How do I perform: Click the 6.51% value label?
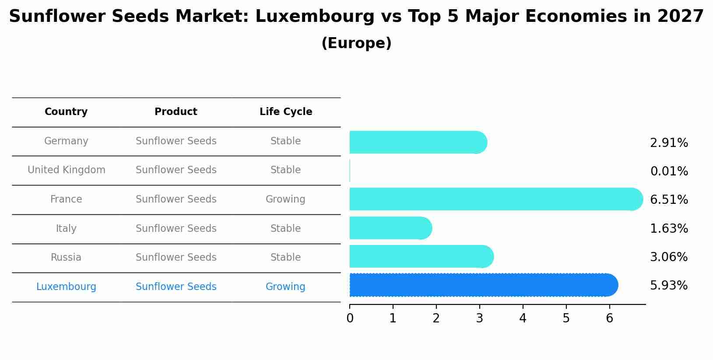[x=669, y=200]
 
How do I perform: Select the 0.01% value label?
[x=669, y=171]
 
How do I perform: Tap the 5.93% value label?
[x=669, y=286]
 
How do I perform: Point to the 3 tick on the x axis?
[x=479, y=318]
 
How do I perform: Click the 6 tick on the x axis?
[x=609, y=318]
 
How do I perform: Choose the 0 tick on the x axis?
[x=350, y=318]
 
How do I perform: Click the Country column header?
[x=66, y=112]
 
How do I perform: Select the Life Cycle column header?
[x=286, y=112]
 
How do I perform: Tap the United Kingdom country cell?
[x=66, y=170]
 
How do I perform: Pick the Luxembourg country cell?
[x=66, y=287]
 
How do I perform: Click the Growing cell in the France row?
[x=285, y=199]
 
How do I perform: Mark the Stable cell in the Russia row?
[x=285, y=258]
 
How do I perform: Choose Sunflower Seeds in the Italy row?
[x=176, y=229]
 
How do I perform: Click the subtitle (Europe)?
[x=356, y=43]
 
